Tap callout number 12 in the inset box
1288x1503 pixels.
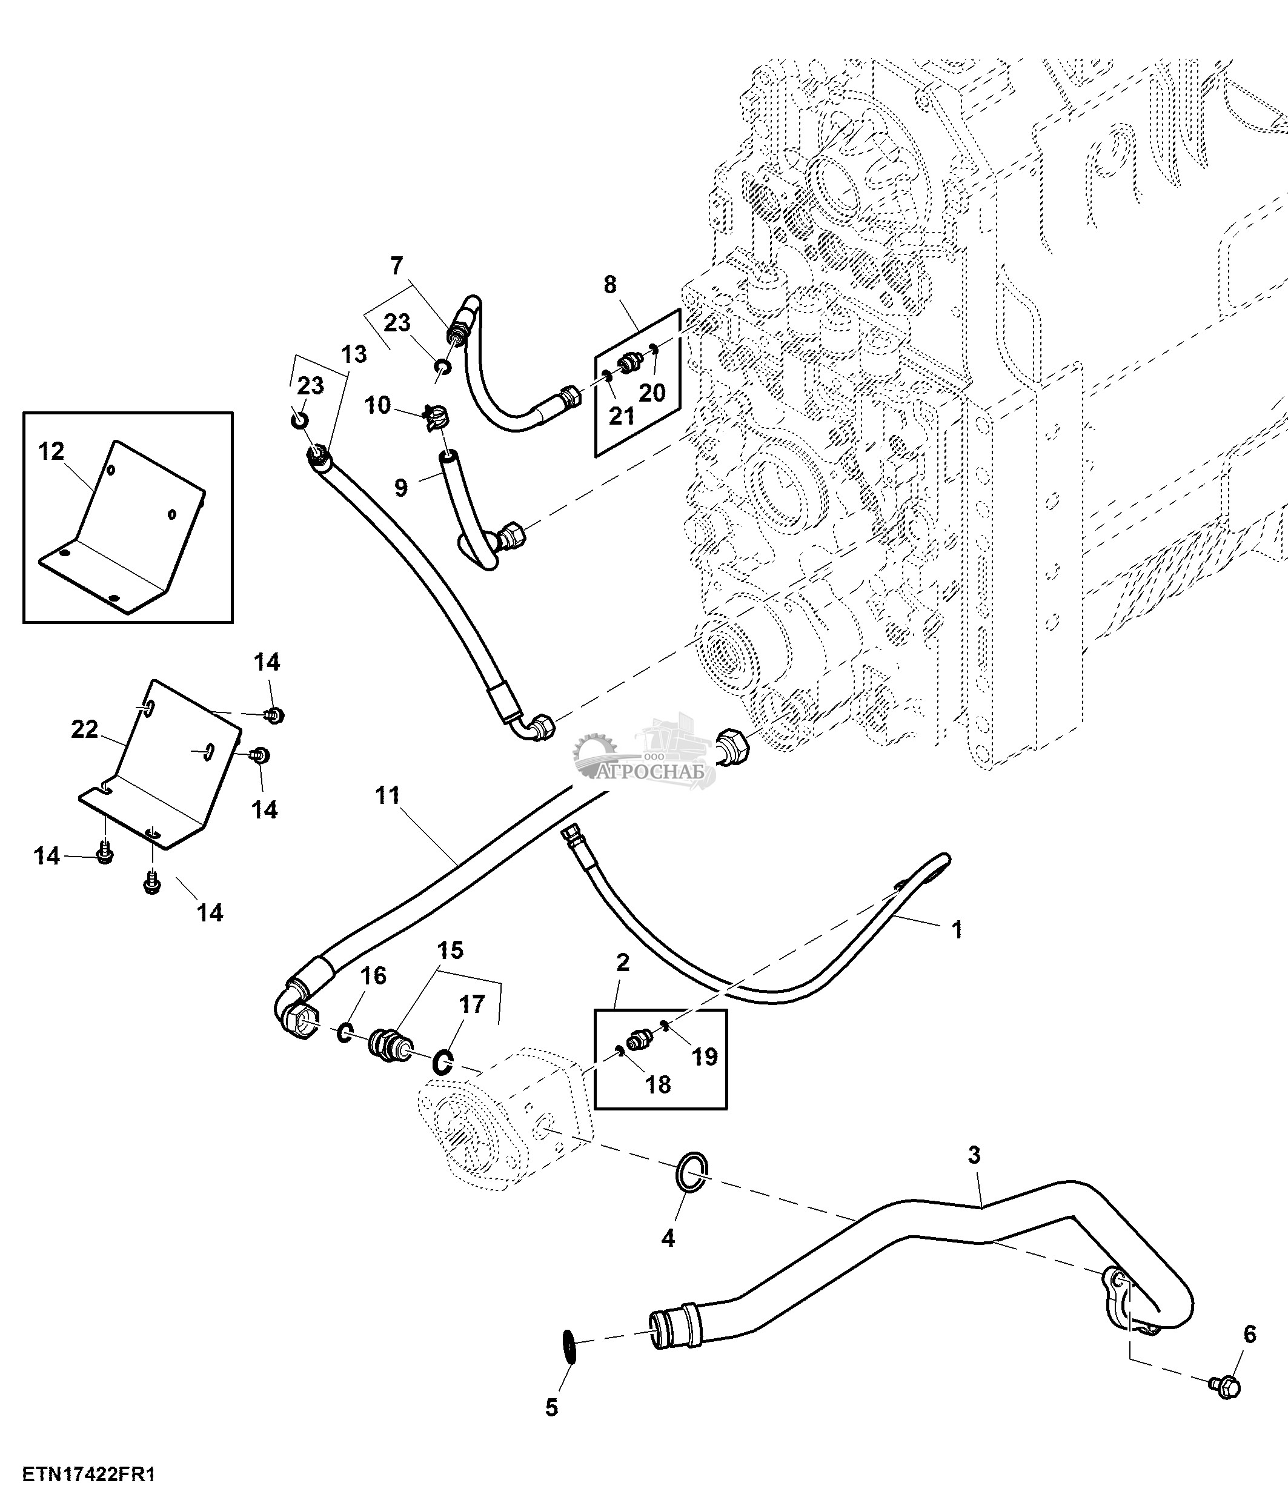(x=51, y=452)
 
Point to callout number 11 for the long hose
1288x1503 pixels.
(x=388, y=796)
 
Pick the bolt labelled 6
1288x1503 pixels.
(x=1225, y=1388)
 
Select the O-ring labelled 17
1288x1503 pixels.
(x=443, y=1063)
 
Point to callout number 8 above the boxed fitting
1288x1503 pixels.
(x=610, y=285)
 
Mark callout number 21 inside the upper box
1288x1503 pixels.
(x=622, y=416)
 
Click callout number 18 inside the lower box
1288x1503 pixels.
(x=658, y=1084)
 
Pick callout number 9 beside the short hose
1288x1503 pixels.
(x=401, y=486)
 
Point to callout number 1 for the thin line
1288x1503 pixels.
(x=956, y=929)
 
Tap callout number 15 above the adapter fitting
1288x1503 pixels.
(x=450, y=951)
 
